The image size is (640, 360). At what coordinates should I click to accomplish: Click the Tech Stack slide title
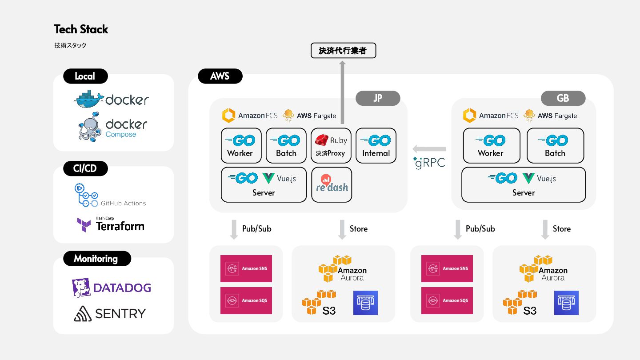(x=81, y=29)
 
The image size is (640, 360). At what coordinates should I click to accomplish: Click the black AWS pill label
(x=220, y=76)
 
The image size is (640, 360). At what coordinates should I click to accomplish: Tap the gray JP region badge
(x=378, y=98)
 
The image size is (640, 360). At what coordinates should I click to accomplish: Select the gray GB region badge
(x=563, y=98)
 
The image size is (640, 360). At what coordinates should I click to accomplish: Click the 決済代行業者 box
(x=343, y=51)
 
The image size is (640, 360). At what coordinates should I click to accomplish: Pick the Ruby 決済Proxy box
(x=331, y=146)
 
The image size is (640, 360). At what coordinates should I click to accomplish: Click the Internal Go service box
(x=376, y=146)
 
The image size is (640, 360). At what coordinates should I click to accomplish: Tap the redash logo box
(x=332, y=184)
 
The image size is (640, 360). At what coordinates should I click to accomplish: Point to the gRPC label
(x=429, y=162)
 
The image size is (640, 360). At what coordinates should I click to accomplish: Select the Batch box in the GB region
(x=555, y=146)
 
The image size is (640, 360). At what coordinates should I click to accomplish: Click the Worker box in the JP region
(x=240, y=146)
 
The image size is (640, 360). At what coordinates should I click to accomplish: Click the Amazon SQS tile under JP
(x=246, y=300)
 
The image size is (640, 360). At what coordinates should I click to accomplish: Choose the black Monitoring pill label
(x=96, y=258)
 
